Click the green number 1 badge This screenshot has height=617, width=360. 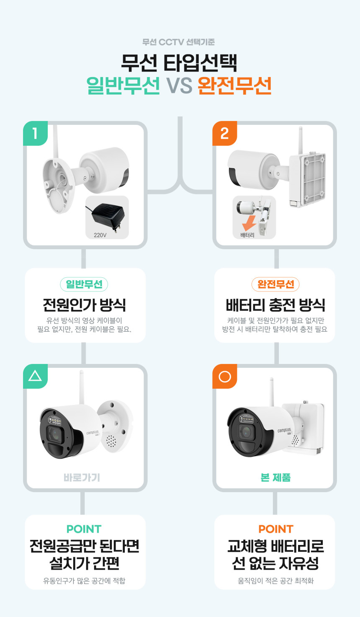point(35,133)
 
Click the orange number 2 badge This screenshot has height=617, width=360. point(225,133)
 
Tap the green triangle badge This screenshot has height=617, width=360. point(35,376)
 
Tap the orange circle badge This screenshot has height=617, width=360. point(225,376)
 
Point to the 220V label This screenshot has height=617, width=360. point(100,235)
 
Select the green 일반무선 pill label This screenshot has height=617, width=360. point(84,284)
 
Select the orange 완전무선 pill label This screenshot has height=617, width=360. point(275,284)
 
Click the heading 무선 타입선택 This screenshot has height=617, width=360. point(179,63)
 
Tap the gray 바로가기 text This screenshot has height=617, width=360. point(82,478)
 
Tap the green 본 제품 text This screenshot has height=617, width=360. point(275,478)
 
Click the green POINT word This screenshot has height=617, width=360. point(84,529)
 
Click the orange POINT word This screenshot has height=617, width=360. point(276,529)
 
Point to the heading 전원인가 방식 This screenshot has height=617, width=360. point(84,305)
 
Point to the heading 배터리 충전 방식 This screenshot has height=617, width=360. point(275,305)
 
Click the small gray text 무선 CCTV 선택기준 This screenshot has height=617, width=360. point(179,42)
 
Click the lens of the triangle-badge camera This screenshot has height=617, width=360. point(56,434)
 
